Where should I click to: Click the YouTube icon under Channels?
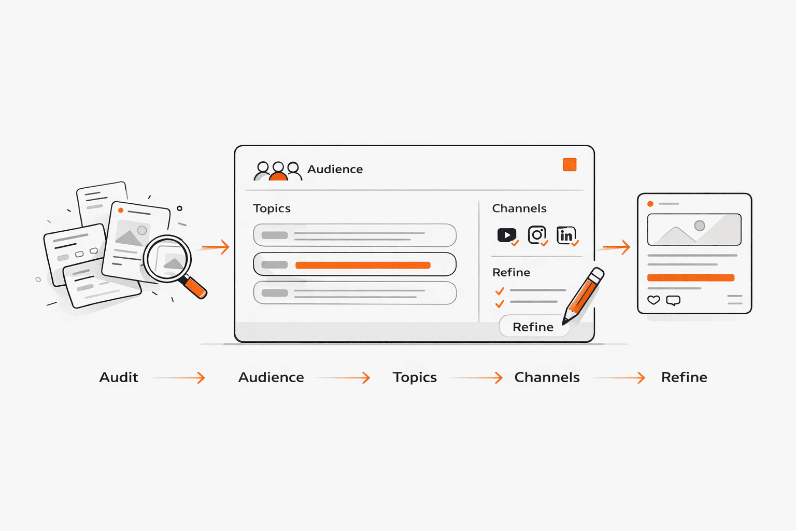click(x=507, y=235)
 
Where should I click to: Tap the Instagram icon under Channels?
click(x=536, y=235)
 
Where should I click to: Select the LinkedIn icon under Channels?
click(x=566, y=235)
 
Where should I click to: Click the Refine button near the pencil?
click(x=533, y=327)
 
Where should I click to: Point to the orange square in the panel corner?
click(x=570, y=165)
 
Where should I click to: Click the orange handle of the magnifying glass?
click(x=195, y=288)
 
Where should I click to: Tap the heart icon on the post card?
click(x=653, y=300)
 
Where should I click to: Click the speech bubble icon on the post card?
click(x=673, y=301)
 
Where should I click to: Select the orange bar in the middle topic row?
click(x=363, y=265)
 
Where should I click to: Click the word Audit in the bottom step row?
click(x=119, y=377)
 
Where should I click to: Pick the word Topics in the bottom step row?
click(x=415, y=378)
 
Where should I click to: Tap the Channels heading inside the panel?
click(x=519, y=208)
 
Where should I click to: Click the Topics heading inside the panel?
click(x=272, y=208)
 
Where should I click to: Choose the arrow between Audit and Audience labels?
click(x=178, y=378)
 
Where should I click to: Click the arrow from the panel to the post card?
click(x=617, y=247)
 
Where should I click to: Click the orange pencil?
click(x=583, y=296)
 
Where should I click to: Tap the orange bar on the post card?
click(x=691, y=278)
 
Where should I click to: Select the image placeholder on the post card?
click(x=694, y=229)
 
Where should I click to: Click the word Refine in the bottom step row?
click(x=684, y=377)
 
